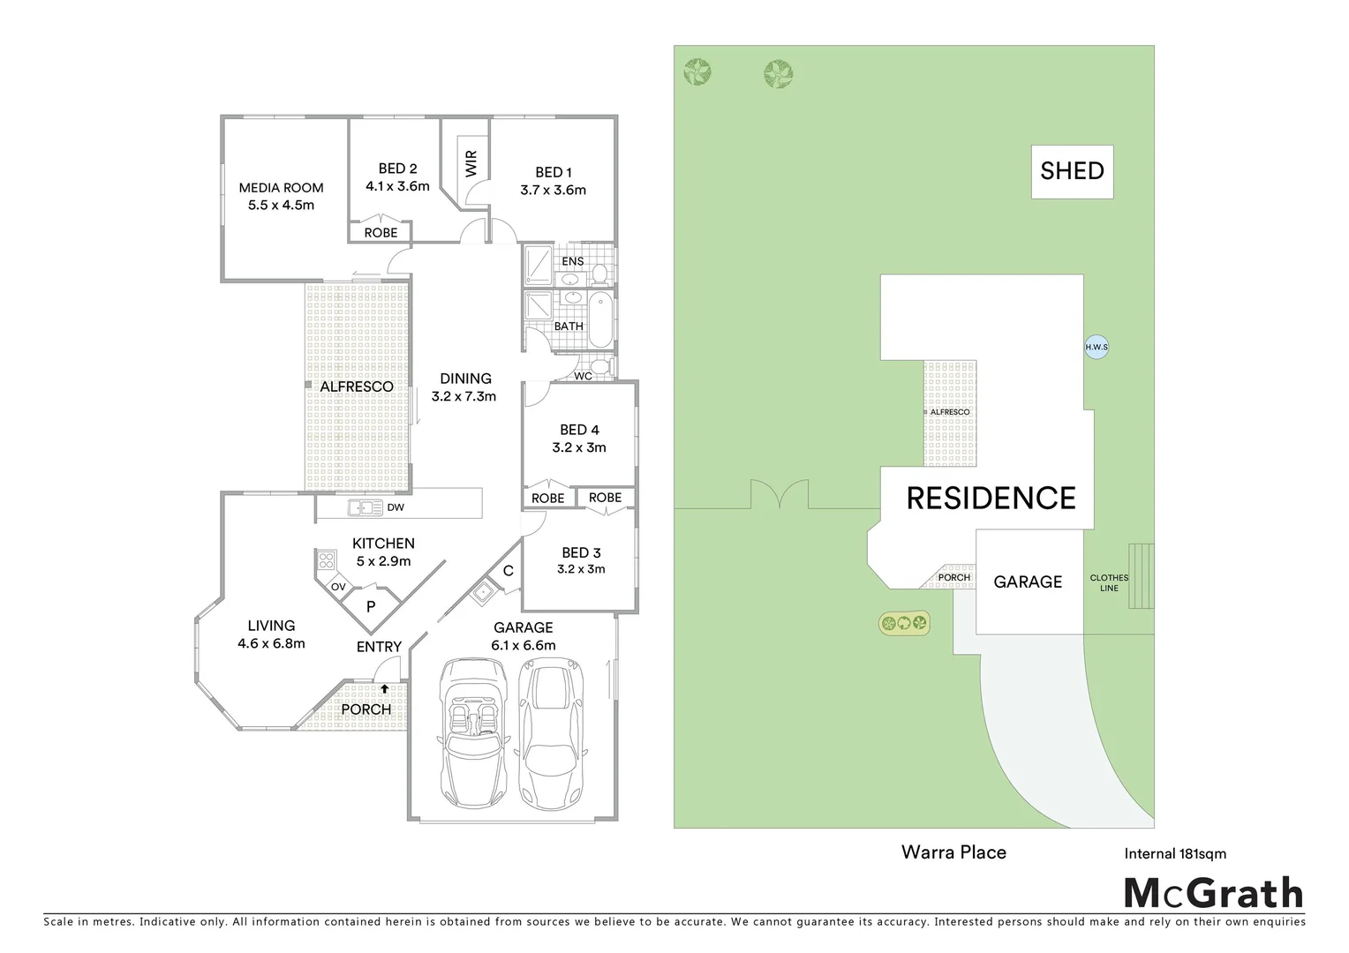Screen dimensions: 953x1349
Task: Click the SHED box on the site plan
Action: pos(1072,171)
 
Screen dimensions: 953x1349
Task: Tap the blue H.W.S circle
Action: pos(1096,347)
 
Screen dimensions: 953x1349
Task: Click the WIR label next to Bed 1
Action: pos(471,163)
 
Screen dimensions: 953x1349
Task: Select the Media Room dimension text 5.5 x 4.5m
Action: pos(282,205)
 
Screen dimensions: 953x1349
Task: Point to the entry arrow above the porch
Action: pos(384,689)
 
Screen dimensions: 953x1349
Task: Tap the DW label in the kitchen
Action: pos(396,507)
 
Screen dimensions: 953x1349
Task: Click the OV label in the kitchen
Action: pos(338,587)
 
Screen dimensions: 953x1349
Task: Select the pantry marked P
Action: pos(371,606)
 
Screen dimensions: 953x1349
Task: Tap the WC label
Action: pos(583,376)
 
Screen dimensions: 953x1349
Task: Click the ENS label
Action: pos(573,261)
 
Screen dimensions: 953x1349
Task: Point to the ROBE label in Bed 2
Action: pos(381,233)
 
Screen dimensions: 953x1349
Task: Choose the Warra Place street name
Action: pos(953,852)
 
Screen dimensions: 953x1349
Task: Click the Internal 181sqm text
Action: pos(1175,853)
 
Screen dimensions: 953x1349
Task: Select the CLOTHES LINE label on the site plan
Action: pos(1109,582)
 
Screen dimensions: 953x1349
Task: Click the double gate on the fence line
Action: pos(780,496)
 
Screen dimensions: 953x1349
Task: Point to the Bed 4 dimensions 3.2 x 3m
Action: pos(579,447)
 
